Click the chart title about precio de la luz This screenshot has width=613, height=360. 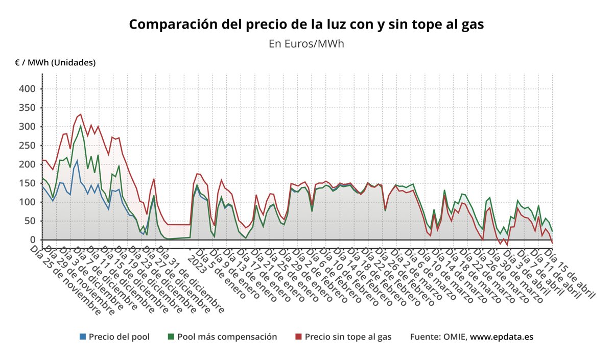(306, 25)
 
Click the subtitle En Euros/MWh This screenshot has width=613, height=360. (306, 44)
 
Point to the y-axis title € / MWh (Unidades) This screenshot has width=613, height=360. (55, 63)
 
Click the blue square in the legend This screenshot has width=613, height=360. (83, 337)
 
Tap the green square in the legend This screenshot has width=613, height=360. (171, 337)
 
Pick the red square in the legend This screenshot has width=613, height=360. (299, 337)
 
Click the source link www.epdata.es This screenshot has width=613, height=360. (502, 337)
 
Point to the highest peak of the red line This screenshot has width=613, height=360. (81, 114)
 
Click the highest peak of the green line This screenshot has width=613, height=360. (81, 126)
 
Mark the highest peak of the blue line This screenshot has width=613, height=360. (77, 161)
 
